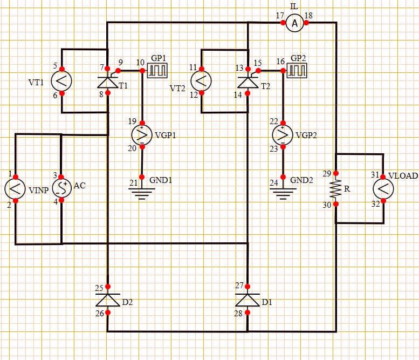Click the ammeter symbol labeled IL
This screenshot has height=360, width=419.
294,23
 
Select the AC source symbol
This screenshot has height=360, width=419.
61,188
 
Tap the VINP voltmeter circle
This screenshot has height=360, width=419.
15,188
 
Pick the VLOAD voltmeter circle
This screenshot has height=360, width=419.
383,188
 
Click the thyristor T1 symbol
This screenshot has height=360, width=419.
108,81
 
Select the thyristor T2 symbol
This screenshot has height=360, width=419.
247,81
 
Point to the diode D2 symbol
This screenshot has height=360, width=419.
108,300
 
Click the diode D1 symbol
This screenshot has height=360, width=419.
247,300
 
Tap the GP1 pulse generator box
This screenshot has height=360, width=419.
159,70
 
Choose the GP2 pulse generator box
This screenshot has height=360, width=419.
297,70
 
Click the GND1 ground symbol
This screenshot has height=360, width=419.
142,191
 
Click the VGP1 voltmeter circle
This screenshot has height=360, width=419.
142,134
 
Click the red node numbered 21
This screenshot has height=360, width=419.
142,177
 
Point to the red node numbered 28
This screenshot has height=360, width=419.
247,313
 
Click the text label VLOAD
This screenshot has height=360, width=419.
403,176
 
